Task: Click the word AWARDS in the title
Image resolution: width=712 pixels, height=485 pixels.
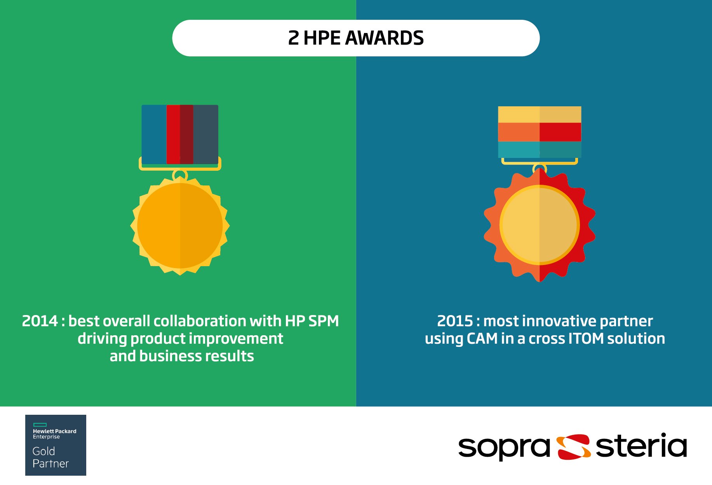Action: [384, 38]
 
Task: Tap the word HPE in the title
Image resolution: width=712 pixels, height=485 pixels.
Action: [322, 38]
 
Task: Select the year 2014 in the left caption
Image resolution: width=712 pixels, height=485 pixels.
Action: [40, 321]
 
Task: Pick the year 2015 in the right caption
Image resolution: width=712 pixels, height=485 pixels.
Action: [455, 321]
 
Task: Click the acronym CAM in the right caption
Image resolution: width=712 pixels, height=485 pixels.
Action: [482, 338]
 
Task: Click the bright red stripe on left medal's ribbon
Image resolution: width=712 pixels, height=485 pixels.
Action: [173, 134]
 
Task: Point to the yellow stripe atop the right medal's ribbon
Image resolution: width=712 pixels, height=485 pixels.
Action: [540, 114]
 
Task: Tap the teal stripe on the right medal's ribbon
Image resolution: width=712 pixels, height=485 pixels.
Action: [540, 149]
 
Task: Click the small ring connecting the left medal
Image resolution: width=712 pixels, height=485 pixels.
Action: [180, 175]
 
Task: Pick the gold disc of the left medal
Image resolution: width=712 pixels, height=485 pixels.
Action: [180, 225]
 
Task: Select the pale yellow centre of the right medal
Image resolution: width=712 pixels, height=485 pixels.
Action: [540, 225]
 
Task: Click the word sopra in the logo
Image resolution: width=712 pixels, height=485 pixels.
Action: [504, 447]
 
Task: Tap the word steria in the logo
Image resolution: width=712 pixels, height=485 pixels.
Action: [641, 445]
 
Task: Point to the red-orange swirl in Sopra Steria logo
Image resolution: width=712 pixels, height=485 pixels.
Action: [573, 447]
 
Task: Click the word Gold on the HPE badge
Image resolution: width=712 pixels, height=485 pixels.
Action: [44, 451]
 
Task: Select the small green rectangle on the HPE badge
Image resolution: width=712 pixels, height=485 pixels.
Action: [40, 425]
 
